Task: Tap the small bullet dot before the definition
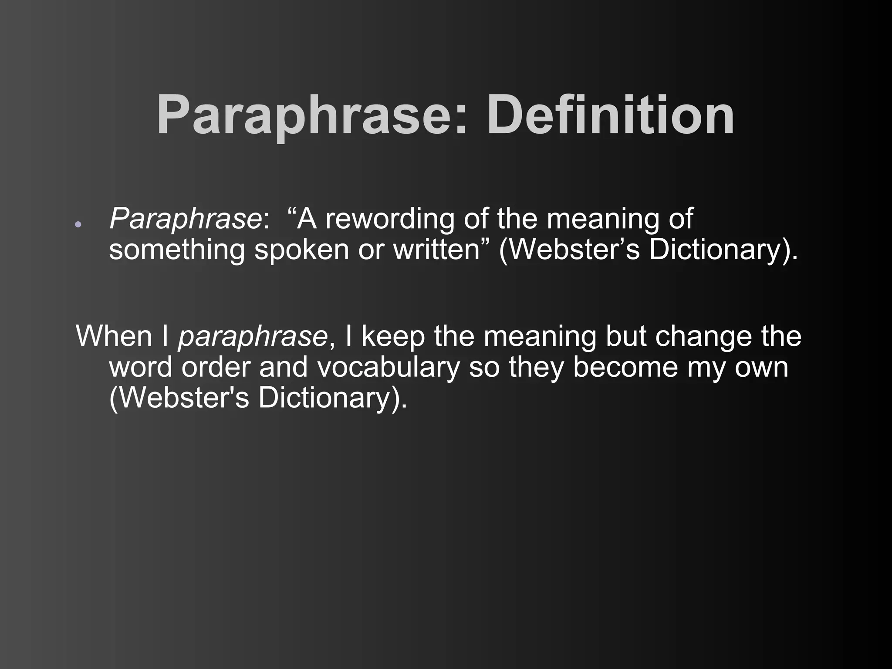coord(78,224)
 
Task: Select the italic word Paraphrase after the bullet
coord(186,219)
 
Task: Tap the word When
coord(114,336)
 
